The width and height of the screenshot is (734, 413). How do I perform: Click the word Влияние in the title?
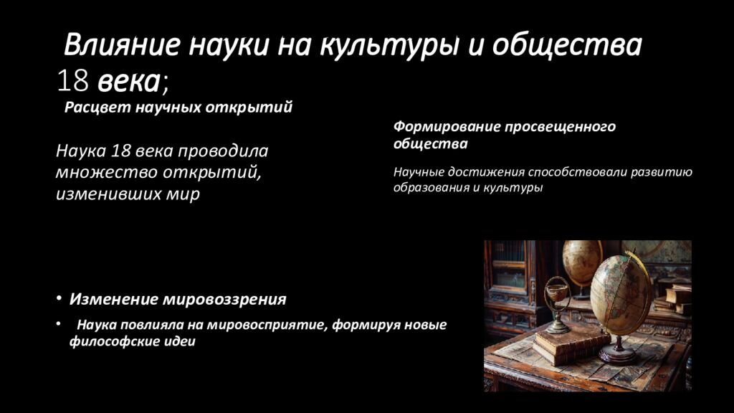[x=122, y=45]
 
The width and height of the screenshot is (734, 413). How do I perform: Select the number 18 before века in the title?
[x=72, y=80]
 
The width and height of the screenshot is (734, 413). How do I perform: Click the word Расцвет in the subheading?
[x=97, y=108]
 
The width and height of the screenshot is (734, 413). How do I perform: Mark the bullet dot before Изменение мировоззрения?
[x=59, y=298]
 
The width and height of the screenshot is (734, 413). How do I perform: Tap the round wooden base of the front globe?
[x=617, y=354]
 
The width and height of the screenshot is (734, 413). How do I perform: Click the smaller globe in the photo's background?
[x=582, y=262]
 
